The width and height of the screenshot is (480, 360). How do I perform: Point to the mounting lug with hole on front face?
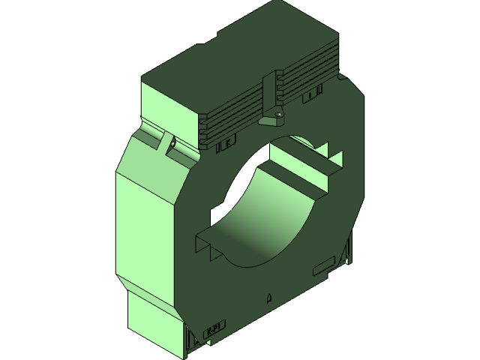click(271, 117)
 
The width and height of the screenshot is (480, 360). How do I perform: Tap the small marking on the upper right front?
click(312, 96)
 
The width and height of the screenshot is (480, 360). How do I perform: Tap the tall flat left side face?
click(142, 225)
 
